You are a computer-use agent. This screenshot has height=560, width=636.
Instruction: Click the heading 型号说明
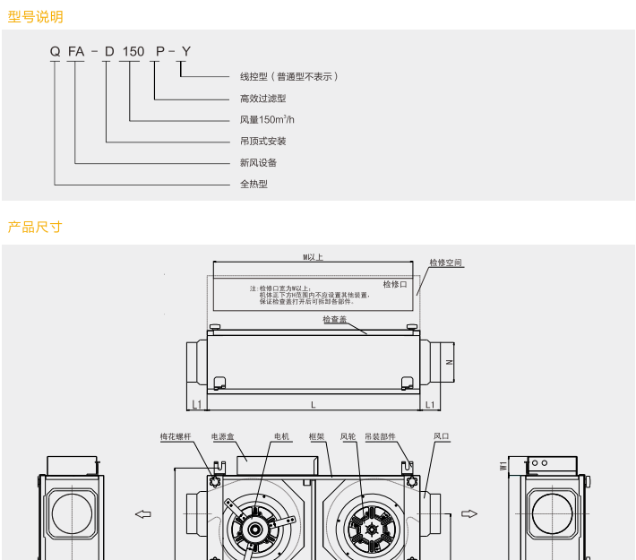[36, 16]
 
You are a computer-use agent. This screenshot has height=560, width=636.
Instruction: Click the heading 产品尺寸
[36, 227]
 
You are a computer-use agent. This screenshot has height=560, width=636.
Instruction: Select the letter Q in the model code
[55, 51]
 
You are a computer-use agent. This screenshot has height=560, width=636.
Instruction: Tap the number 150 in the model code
[133, 51]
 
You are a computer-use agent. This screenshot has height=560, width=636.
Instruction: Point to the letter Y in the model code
[185, 51]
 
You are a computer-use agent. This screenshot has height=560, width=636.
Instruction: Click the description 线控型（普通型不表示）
[289, 76]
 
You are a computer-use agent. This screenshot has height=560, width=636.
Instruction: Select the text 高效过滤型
[262, 98]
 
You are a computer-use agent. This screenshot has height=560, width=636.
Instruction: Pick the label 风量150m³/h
[267, 119]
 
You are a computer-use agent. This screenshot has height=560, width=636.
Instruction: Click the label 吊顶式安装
[262, 141]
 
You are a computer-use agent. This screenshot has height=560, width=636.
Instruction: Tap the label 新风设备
[258, 162]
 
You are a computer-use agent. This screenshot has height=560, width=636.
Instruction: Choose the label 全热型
[254, 184]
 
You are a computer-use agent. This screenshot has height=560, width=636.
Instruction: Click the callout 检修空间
[446, 263]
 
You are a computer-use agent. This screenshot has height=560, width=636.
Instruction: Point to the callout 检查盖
[335, 319]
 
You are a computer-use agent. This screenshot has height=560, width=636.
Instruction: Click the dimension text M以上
[313, 256]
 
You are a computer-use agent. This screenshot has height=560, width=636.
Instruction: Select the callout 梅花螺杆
[175, 436]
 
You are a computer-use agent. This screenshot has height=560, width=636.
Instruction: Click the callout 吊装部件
[381, 436]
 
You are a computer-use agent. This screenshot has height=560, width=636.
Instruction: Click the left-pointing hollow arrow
[142, 513]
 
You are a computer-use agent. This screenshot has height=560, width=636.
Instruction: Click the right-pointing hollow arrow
[468, 513]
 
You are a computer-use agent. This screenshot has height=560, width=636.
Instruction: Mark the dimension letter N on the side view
[450, 362]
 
